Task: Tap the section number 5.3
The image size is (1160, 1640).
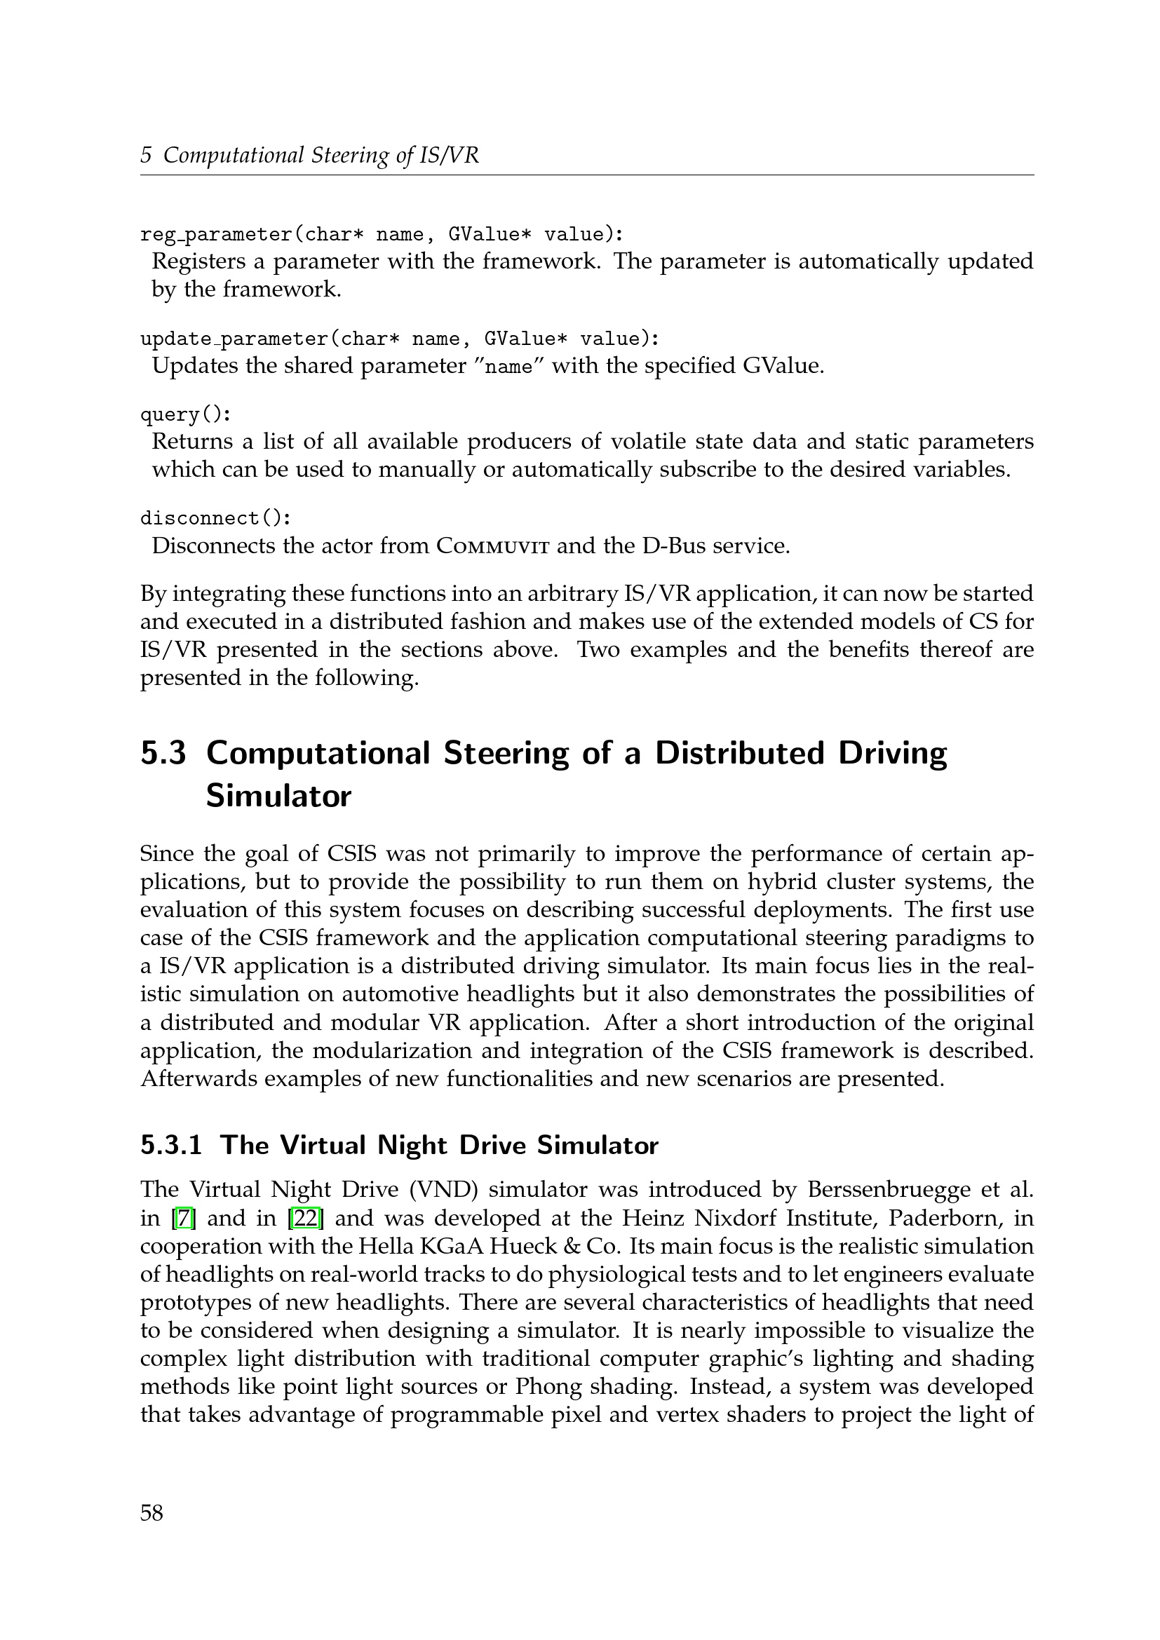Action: coord(163,754)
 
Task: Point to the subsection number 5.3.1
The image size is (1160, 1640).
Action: coord(170,1145)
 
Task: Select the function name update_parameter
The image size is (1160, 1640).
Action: coord(235,339)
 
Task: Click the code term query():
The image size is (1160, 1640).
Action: coord(186,414)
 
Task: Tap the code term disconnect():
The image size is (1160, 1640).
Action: coord(216,518)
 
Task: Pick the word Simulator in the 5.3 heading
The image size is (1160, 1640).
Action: coord(278,796)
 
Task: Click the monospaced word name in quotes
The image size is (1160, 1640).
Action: coord(508,367)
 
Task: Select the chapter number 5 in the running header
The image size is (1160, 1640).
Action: coord(146,155)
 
